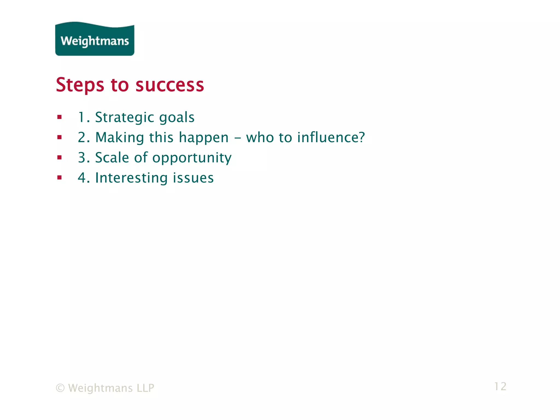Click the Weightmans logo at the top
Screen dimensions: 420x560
point(95,40)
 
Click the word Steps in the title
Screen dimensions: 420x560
point(80,85)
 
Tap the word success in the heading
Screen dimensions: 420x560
point(170,85)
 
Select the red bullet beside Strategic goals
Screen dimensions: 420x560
point(60,117)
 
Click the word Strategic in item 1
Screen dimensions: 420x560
point(124,118)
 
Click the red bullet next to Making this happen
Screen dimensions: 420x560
point(60,137)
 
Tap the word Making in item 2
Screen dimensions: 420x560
point(119,138)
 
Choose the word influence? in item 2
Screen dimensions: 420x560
point(331,137)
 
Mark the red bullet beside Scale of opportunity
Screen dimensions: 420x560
point(60,157)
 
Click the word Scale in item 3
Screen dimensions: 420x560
point(112,157)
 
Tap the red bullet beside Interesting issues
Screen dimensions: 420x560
point(60,178)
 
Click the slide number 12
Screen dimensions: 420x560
point(500,386)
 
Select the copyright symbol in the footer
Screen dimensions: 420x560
point(60,388)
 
